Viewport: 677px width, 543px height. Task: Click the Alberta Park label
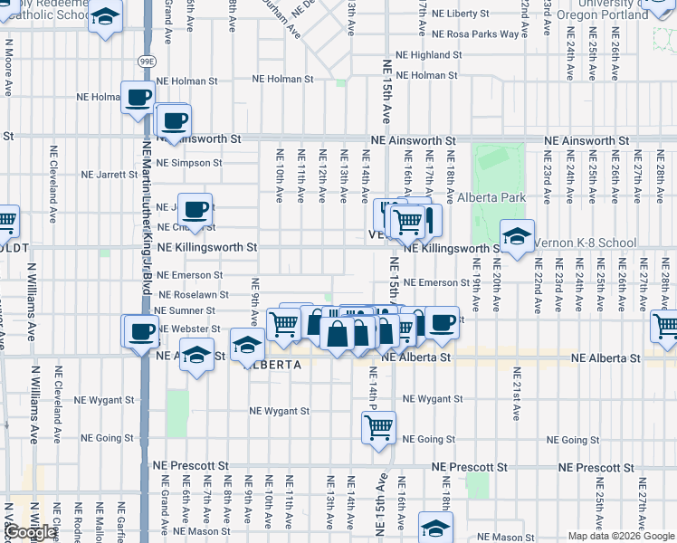(491, 197)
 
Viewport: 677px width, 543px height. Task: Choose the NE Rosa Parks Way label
(475, 34)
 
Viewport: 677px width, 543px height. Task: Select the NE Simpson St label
(188, 163)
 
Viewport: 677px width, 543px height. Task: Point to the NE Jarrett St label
(109, 175)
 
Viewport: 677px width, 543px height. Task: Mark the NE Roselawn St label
(193, 294)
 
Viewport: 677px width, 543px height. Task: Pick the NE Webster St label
(188, 329)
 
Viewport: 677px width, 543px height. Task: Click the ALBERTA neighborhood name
(270, 364)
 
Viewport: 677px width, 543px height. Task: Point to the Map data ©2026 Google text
(621, 536)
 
